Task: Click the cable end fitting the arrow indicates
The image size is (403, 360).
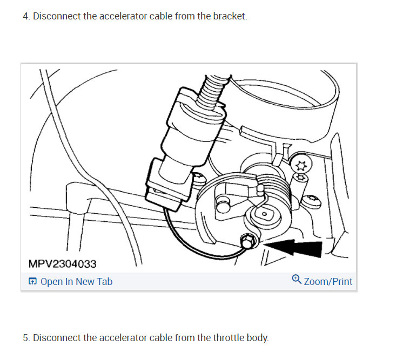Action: pyautogui.click(x=247, y=242)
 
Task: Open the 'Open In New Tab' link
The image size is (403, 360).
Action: pyautogui.click(x=76, y=281)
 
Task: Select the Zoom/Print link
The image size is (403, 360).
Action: pyautogui.click(x=328, y=281)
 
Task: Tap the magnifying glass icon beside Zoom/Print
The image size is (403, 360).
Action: pyautogui.click(x=296, y=280)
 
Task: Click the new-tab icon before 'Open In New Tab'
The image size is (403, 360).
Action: pyautogui.click(x=32, y=281)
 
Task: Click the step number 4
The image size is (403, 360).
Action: pyautogui.click(x=25, y=16)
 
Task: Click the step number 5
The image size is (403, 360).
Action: pyautogui.click(x=25, y=338)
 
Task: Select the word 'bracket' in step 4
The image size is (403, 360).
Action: pyautogui.click(x=229, y=16)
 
